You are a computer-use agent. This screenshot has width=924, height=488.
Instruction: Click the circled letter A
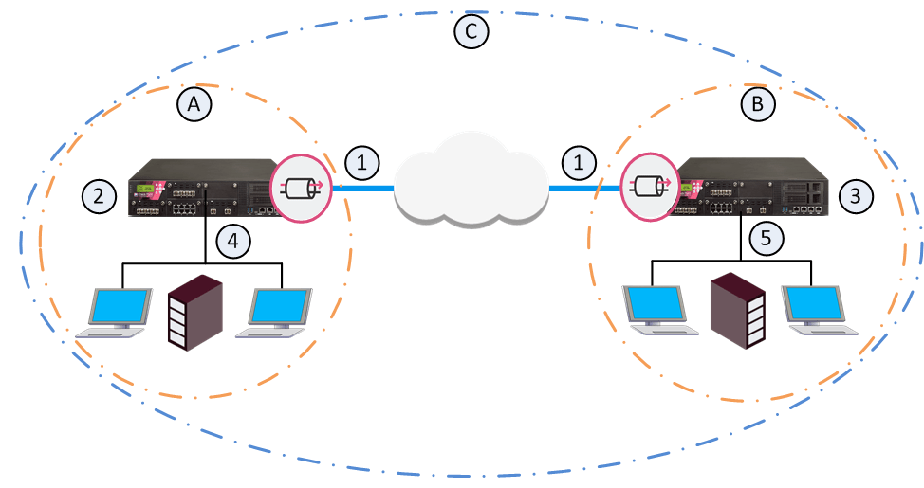pyautogui.click(x=194, y=105)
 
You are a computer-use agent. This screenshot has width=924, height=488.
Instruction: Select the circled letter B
pyautogui.click(x=757, y=103)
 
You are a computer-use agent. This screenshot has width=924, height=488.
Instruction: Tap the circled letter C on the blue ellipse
pyautogui.click(x=471, y=32)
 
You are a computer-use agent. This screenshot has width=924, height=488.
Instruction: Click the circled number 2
pyautogui.click(x=98, y=196)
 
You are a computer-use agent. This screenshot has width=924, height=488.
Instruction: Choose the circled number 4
pyautogui.click(x=234, y=241)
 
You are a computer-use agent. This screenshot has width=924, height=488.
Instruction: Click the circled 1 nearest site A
pyautogui.click(x=361, y=162)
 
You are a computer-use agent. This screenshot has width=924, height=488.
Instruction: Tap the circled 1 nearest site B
pyautogui.click(x=580, y=163)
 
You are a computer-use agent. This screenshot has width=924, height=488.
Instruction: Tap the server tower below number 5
pyautogui.click(x=739, y=312)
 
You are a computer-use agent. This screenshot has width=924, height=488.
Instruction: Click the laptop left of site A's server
pyautogui.click(x=117, y=314)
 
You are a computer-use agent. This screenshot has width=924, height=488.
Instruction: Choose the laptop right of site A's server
pyautogui.click(x=277, y=314)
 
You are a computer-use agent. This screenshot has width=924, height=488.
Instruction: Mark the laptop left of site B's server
pyautogui.click(x=655, y=309)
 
